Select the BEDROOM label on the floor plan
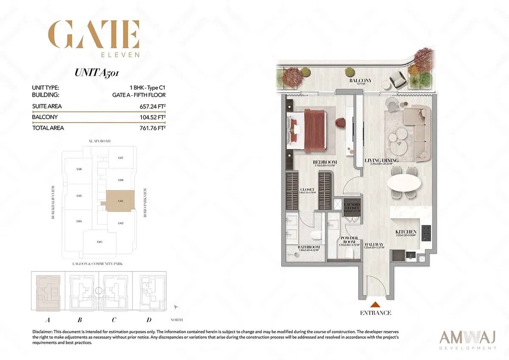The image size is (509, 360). click(x=325, y=162)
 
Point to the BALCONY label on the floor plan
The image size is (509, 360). click(x=361, y=81)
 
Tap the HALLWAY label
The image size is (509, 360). click(x=374, y=245)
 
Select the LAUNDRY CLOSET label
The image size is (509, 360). click(x=352, y=206)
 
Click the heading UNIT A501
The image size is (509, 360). click(x=97, y=72)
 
